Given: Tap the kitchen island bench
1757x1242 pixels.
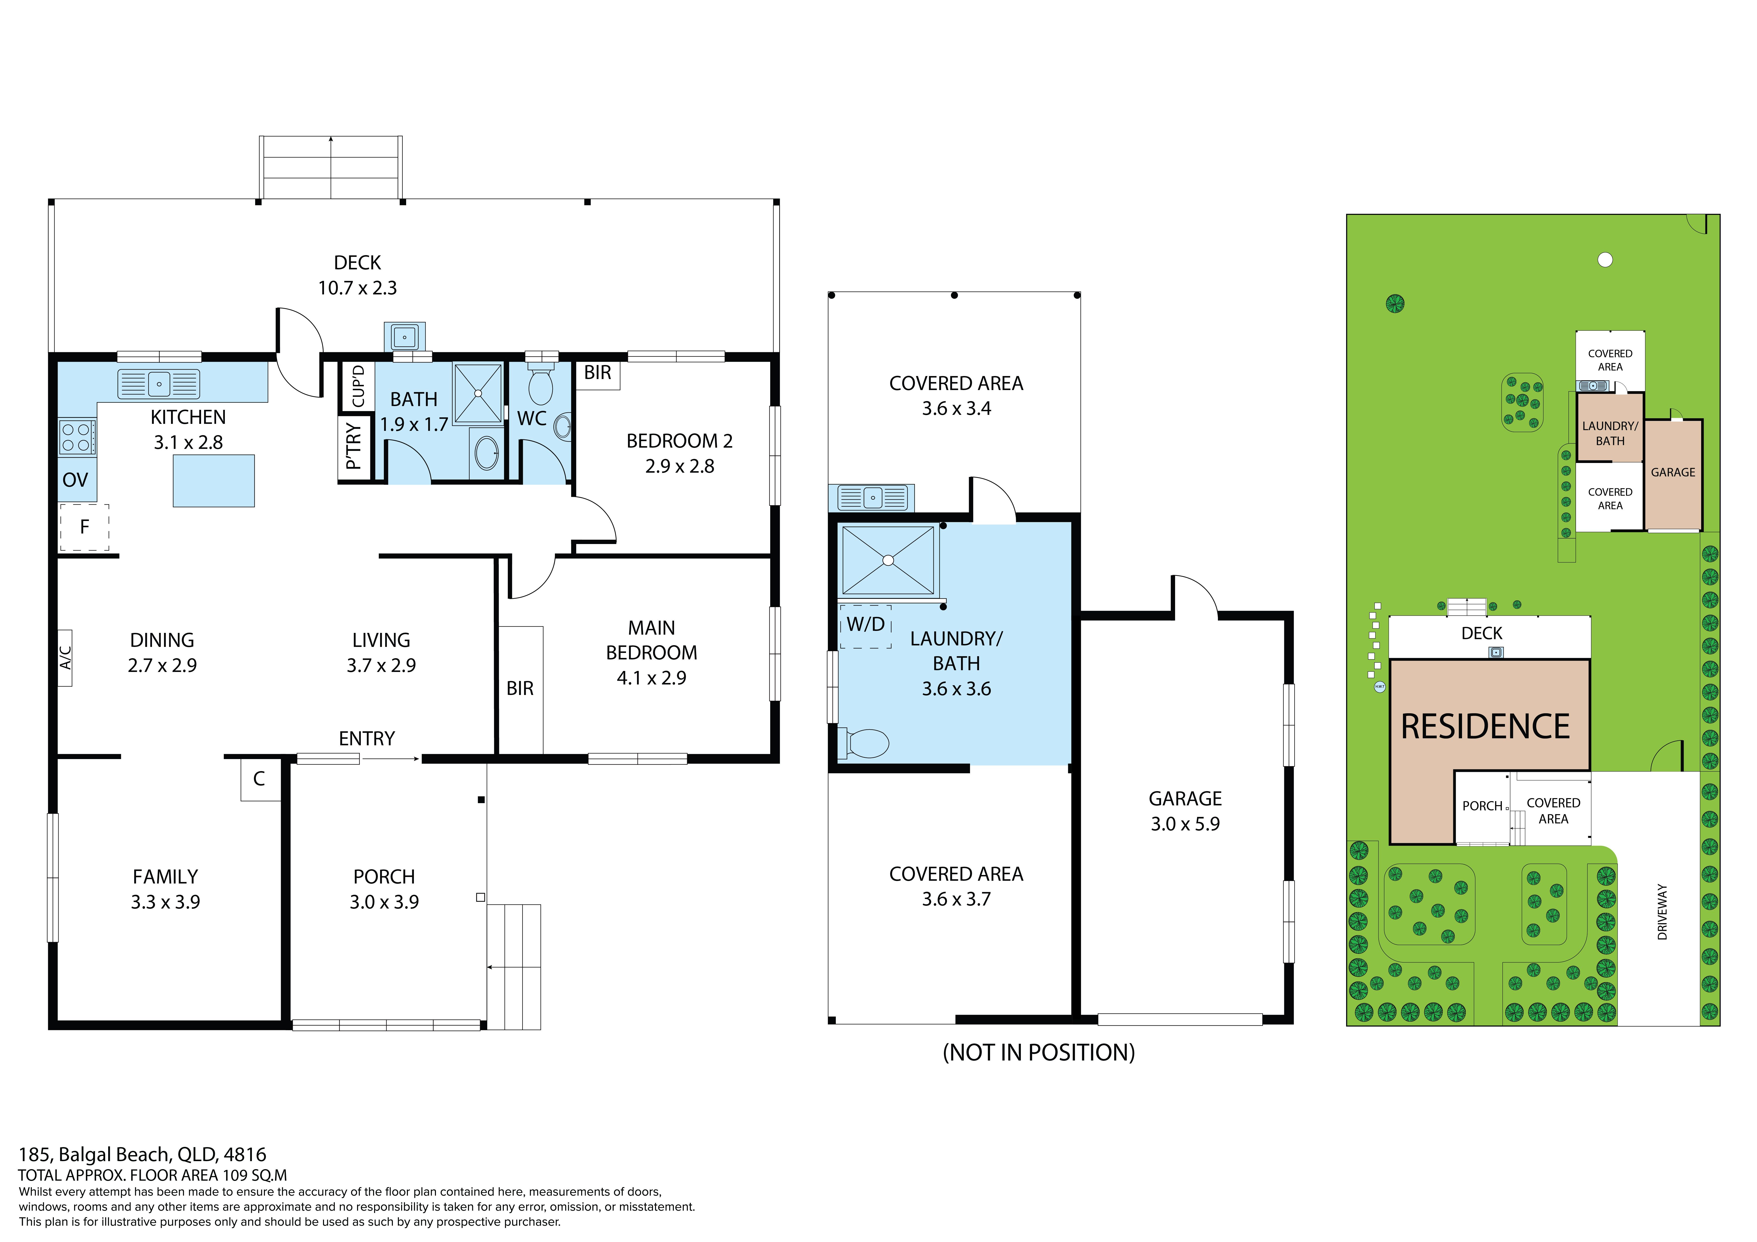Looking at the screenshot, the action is [214, 481].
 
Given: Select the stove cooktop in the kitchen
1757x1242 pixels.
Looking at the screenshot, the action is [77, 437].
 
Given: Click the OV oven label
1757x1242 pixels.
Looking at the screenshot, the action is [75, 480].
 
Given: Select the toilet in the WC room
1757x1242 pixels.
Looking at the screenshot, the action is [541, 385].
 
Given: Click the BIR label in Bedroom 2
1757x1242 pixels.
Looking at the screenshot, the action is [598, 373].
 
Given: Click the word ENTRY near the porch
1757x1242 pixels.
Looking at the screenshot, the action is [367, 739].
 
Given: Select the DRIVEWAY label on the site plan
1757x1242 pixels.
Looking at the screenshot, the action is [1662, 912].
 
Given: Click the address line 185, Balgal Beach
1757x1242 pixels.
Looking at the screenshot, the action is [142, 1155].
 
